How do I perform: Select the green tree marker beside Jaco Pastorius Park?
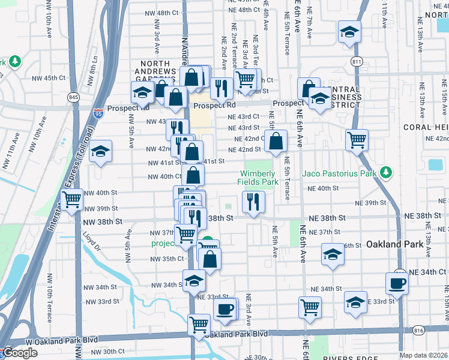click(387, 173)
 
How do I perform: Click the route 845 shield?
click(74, 97)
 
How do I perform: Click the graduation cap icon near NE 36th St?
click(333, 254)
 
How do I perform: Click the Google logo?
click(20, 353)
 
